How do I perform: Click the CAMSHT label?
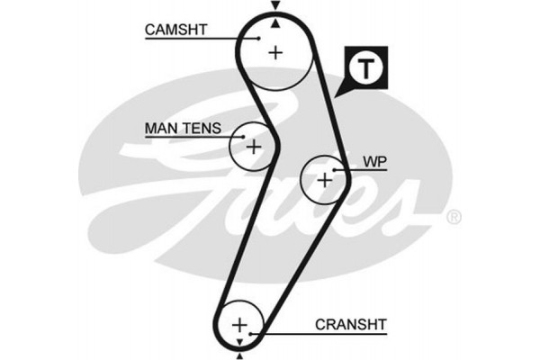175,30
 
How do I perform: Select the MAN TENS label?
182,129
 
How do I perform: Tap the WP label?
373,162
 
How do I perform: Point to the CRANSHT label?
350,324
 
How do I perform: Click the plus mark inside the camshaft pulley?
275,51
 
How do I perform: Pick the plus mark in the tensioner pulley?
254,146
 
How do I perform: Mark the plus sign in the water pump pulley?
325,179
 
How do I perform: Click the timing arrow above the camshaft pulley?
275,6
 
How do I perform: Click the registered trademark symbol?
454,217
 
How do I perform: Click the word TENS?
201,129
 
